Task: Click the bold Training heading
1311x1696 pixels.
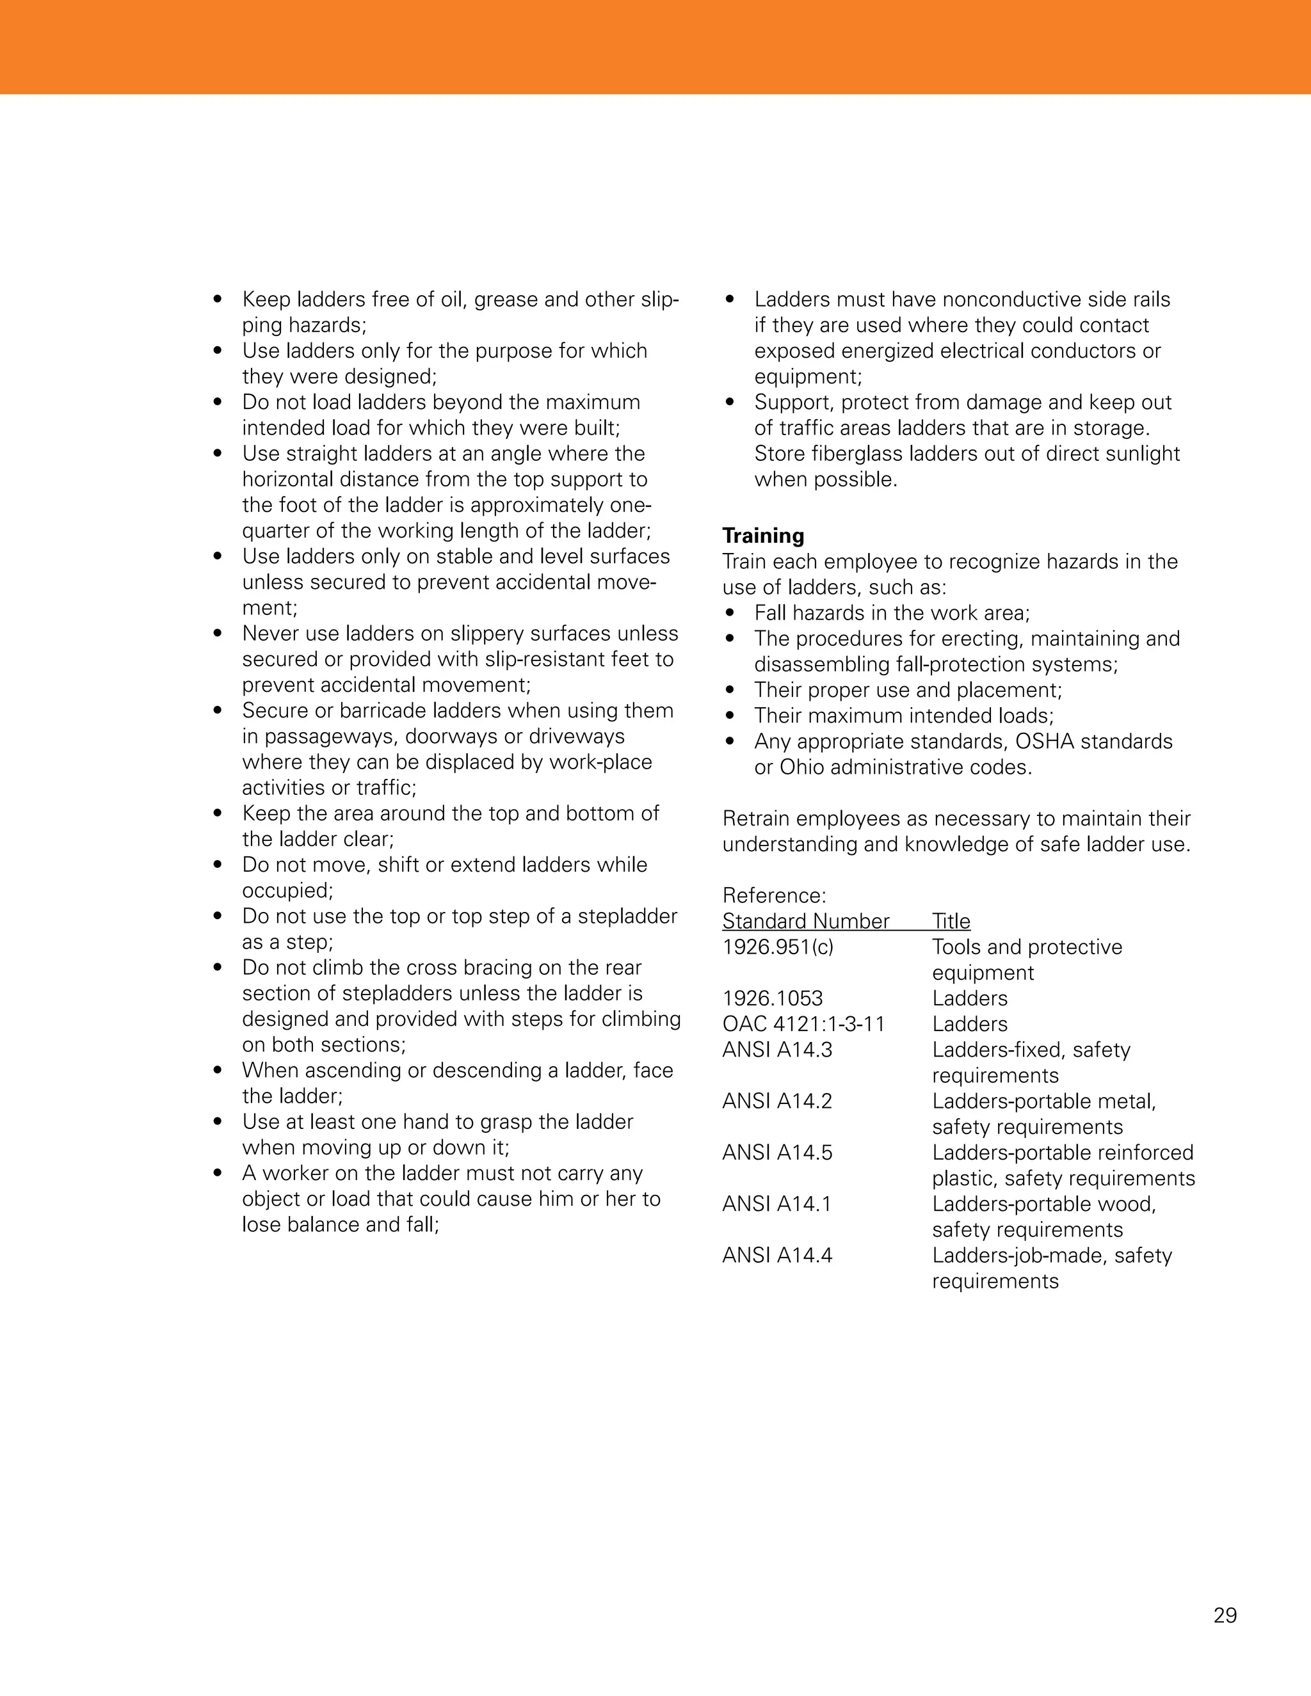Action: coord(762,536)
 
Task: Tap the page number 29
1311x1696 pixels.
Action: coord(1225,1615)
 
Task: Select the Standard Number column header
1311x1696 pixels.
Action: coord(805,921)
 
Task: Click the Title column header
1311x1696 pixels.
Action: coord(951,921)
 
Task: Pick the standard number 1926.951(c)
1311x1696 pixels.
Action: coord(777,947)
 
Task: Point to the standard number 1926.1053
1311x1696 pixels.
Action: coord(772,998)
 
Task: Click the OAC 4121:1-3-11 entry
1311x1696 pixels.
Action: coord(803,1023)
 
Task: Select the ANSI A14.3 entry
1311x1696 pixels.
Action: coord(776,1049)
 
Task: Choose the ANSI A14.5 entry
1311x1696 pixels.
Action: coord(776,1153)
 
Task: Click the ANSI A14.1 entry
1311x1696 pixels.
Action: coord(776,1204)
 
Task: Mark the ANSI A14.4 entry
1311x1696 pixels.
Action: coord(776,1255)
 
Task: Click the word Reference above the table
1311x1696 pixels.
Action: coord(773,895)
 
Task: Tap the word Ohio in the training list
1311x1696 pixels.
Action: coord(802,767)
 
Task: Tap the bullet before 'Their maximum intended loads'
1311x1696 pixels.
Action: coord(729,716)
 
